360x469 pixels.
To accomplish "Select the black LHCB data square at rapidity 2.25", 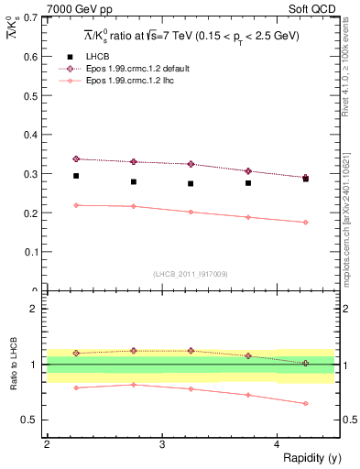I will pyautogui.click(x=76, y=176).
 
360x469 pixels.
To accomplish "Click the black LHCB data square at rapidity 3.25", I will pyautogui.click(x=191, y=183).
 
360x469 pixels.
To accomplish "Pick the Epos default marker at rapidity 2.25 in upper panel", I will pyautogui.click(x=76, y=158).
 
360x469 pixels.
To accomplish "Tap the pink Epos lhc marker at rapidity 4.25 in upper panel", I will pyautogui.click(x=306, y=222).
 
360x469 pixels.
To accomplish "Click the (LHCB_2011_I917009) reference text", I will pyautogui.click(x=190, y=273).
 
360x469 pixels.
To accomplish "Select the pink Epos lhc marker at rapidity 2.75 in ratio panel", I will pyautogui.click(x=134, y=384).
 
